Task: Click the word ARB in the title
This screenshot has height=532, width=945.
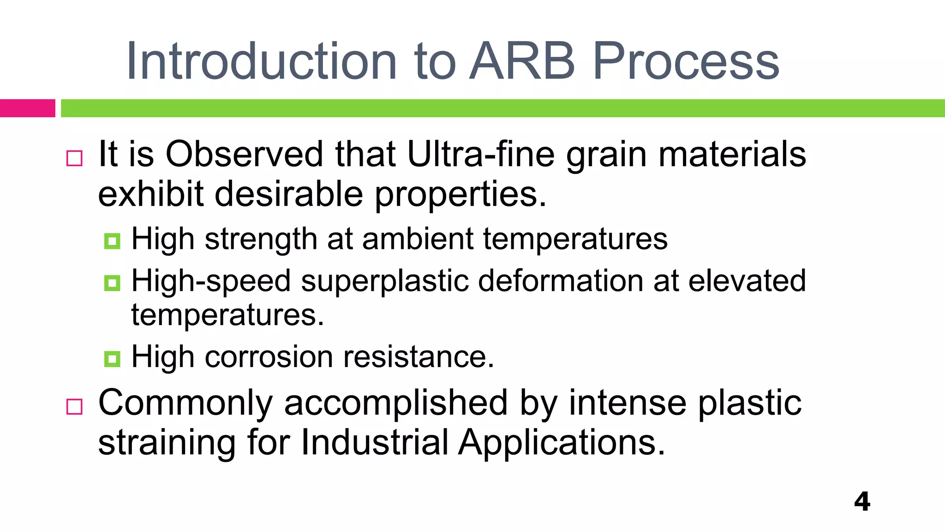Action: click(x=522, y=61)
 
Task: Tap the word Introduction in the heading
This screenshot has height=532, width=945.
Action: click(x=261, y=61)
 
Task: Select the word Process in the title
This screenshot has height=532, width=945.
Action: click(x=686, y=61)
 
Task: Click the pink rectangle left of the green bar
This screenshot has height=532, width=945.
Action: click(x=27, y=108)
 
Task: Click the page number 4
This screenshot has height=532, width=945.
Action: click(x=862, y=502)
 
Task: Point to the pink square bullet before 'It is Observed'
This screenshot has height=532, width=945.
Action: click(x=74, y=158)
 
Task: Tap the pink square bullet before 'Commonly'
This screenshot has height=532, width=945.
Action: click(x=74, y=407)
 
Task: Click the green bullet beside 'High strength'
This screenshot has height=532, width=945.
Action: click(x=112, y=241)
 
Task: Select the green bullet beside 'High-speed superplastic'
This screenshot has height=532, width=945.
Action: click(x=112, y=283)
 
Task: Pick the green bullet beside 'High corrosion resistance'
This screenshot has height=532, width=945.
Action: click(x=112, y=359)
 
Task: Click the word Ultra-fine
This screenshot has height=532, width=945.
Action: click(x=480, y=154)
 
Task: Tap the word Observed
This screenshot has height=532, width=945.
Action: click(x=244, y=154)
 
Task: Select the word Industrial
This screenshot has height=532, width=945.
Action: click(x=374, y=442)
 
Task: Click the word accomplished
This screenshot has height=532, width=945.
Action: click(x=396, y=403)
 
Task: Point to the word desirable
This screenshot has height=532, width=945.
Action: click(x=289, y=194)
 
